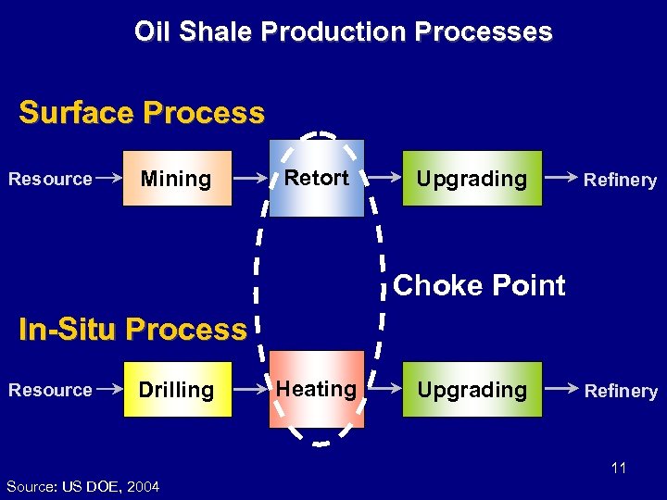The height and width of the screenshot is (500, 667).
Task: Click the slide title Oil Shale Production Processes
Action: coord(343,31)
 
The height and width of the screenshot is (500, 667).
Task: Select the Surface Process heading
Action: coord(142,113)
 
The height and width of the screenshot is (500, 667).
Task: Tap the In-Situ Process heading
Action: coord(132,329)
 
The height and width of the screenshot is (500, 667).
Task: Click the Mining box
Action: coord(176,179)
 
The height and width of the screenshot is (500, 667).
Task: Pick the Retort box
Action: coord(317,178)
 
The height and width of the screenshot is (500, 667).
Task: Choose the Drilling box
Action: coord(176,390)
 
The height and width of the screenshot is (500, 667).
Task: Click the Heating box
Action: coord(317,389)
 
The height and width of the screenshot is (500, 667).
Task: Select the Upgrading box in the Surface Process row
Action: coord(472,179)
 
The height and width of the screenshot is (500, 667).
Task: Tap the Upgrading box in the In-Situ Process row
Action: coord(472,390)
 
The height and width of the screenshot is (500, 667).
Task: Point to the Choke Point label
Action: coord(479,285)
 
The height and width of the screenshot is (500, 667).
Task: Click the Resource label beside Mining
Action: coord(50,179)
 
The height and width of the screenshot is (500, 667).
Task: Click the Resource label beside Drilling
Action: coord(50,390)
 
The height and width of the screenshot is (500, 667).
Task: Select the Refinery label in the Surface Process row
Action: coord(621,181)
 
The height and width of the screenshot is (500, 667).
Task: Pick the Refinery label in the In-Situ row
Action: coord(621,392)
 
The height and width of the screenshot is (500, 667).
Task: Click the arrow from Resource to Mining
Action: coord(109,178)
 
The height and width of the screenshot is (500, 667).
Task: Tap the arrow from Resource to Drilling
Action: coord(109,390)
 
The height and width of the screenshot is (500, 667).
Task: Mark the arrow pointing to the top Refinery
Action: coord(559,178)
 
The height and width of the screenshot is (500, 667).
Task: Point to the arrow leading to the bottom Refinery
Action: coord(559,390)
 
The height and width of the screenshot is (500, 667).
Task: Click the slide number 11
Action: coord(619,468)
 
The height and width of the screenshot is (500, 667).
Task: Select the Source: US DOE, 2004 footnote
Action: coord(82,486)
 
